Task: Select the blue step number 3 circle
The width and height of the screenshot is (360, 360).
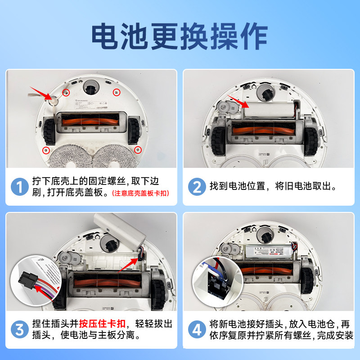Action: (19, 329)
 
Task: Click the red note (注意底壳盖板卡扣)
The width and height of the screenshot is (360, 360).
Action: (142, 193)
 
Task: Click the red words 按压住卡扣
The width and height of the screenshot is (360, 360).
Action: (103, 324)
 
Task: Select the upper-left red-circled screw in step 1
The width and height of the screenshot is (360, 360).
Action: (66, 93)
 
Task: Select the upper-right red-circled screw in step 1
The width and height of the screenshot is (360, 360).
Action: (117, 92)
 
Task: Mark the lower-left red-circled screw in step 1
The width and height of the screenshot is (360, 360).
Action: (45, 150)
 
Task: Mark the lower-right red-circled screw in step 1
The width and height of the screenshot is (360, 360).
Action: (138, 149)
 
